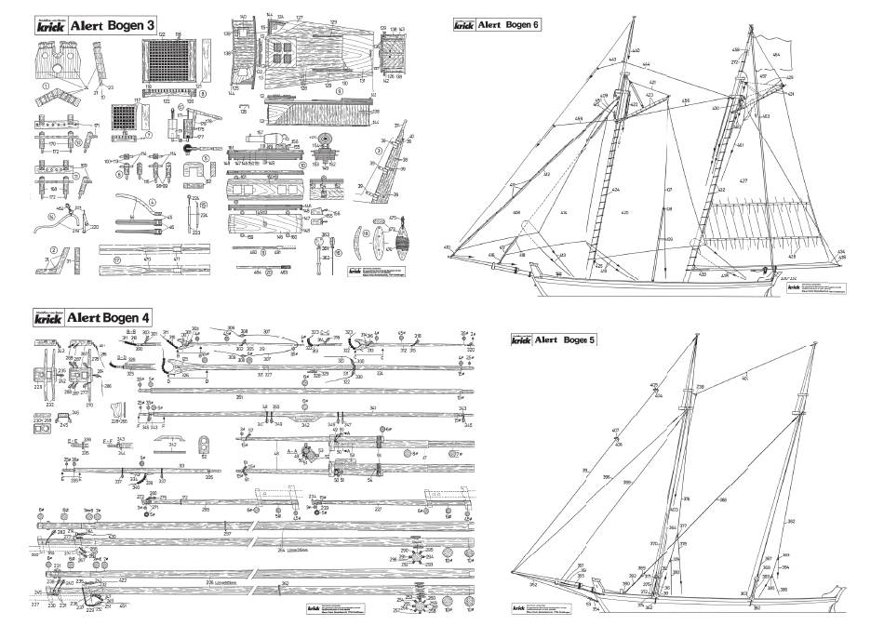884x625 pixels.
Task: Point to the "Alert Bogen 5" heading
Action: (x=566, y=339)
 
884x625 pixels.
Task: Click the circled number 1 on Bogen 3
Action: (x=45, y=90)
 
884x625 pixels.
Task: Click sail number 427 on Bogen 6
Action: (x=743, y=180)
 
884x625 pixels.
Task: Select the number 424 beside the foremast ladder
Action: (x=615, y=190)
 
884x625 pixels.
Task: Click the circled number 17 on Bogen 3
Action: (x=117, y=260)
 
